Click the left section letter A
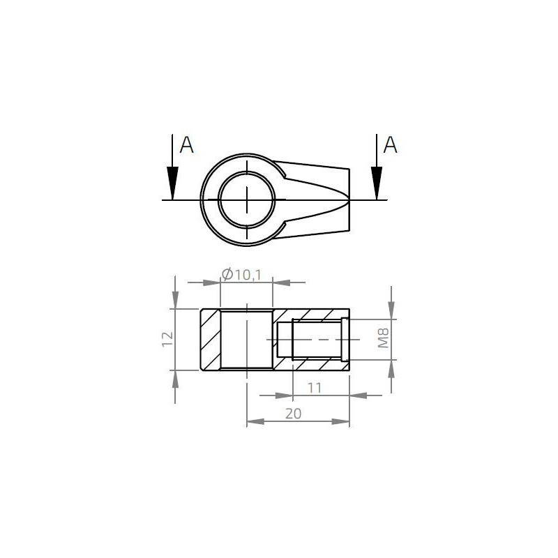186,145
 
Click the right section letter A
391,145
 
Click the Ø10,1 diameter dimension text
241,275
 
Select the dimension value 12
167,339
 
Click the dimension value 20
293,414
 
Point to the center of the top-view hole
248,200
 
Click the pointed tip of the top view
348,200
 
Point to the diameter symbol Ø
226,275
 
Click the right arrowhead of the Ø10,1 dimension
280,282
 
